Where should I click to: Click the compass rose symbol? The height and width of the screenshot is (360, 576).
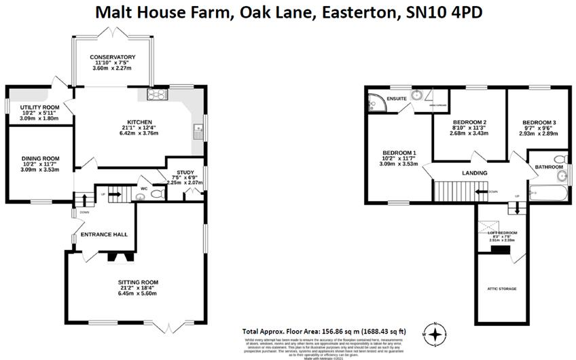(x=435, y=334)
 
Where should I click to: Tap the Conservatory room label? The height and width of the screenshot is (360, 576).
(x=113, y=57)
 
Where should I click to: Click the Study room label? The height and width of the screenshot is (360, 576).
(x=185, y=173)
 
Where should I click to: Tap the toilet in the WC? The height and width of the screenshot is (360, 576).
(x=156, y=194)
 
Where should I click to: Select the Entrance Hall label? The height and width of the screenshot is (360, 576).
(x=105, y=234)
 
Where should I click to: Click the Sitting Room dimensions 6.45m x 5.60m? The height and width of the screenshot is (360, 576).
(x=138, y=294)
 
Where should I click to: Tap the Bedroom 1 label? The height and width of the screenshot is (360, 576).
(x=399, y=152)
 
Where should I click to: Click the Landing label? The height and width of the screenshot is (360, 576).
(x=474, y=173)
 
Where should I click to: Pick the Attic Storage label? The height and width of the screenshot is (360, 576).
(x=501, y=289)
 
